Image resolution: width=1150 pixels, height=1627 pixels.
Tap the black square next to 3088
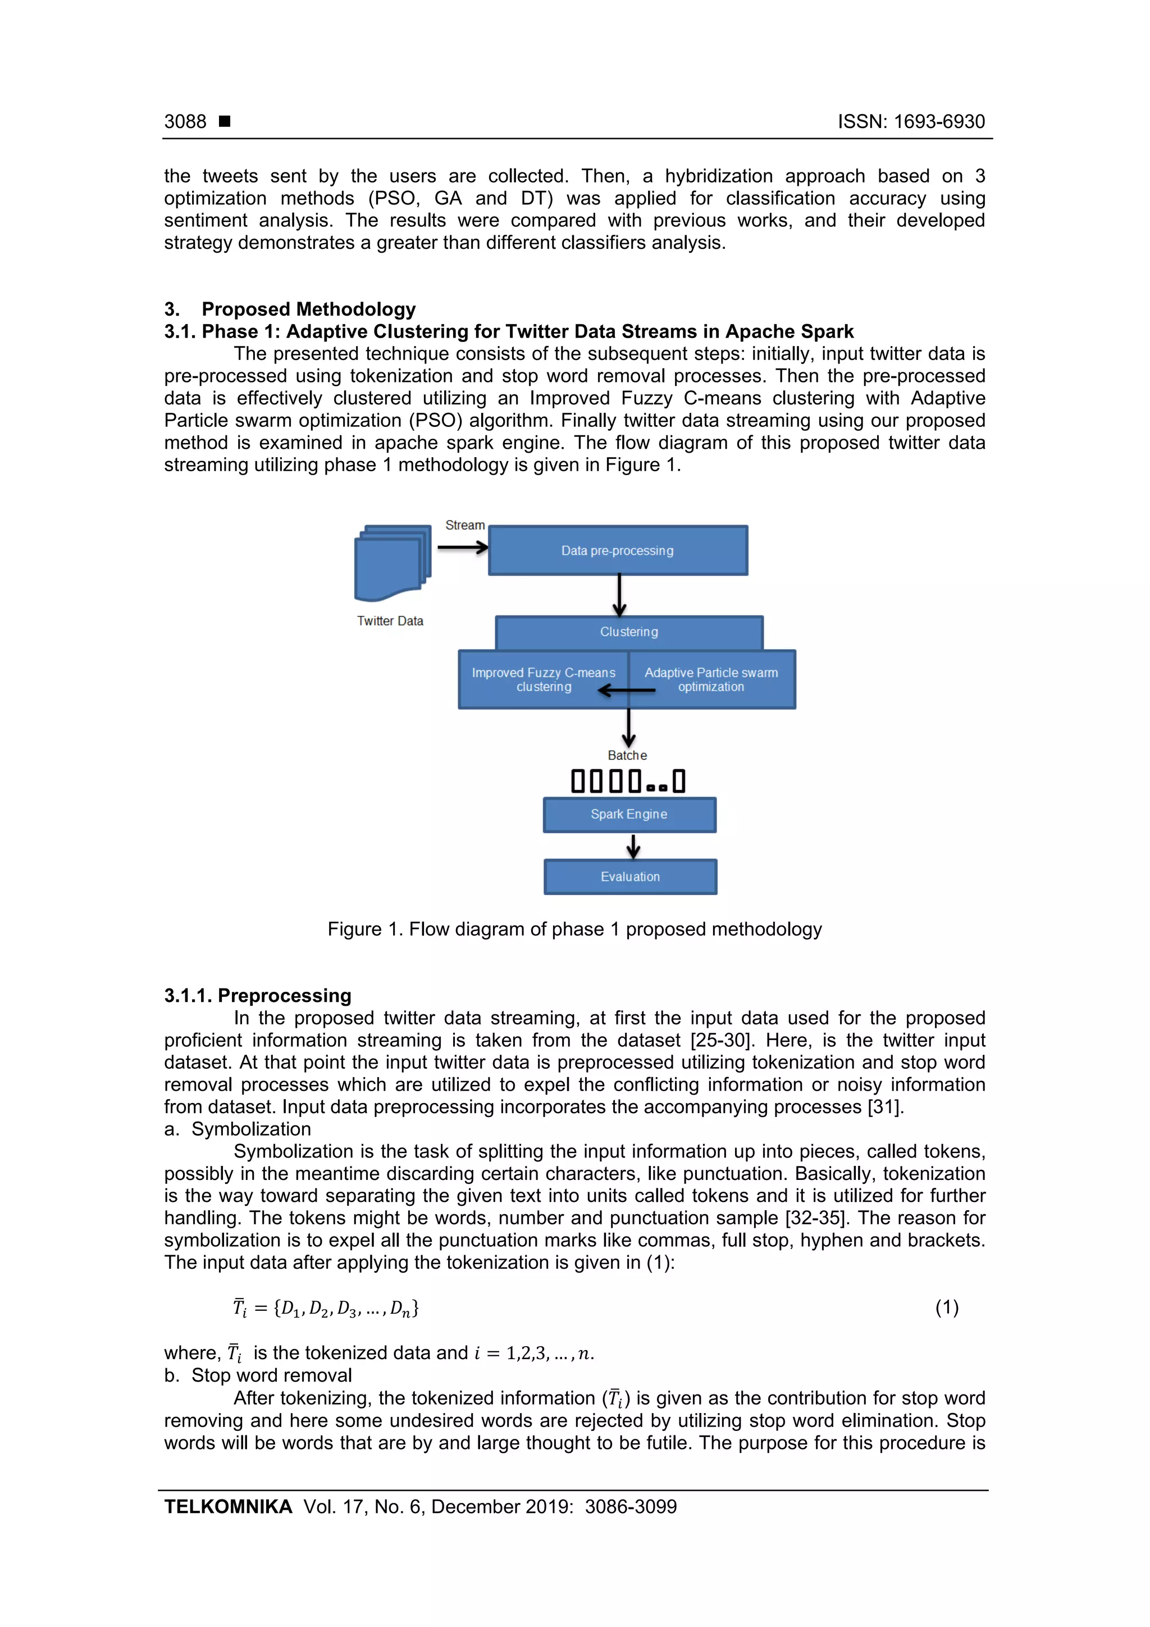click(x=225, y=121)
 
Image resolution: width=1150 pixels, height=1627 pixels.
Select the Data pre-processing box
click(x=617, y=550)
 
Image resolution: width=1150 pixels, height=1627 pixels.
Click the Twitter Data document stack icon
click(x=392, y=563)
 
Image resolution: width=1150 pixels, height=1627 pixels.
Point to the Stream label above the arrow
click(x=465, y=525)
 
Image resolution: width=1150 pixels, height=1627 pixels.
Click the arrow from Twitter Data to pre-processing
click(x=462, y=547)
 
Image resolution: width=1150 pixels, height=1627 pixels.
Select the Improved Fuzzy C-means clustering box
click(x=544, y=679)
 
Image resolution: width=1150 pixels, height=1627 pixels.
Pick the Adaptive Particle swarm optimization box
click(x=711, y=679)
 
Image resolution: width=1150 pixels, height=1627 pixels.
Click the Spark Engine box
click(x=629, y=814)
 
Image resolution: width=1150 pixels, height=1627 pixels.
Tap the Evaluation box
click(x=630, y=877)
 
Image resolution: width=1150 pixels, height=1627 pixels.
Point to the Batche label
click(x=627, y=755)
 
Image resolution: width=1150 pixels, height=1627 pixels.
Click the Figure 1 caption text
click(x=574, y=929)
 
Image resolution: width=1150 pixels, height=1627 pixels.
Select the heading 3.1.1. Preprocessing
click(x=258, y=996)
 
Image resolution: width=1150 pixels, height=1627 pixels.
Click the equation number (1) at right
click(x=947, y=1307)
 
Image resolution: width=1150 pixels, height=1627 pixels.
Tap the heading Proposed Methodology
click(x=308, y=309)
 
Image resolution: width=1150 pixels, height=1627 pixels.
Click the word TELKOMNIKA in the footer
click(x=228, y=1507)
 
